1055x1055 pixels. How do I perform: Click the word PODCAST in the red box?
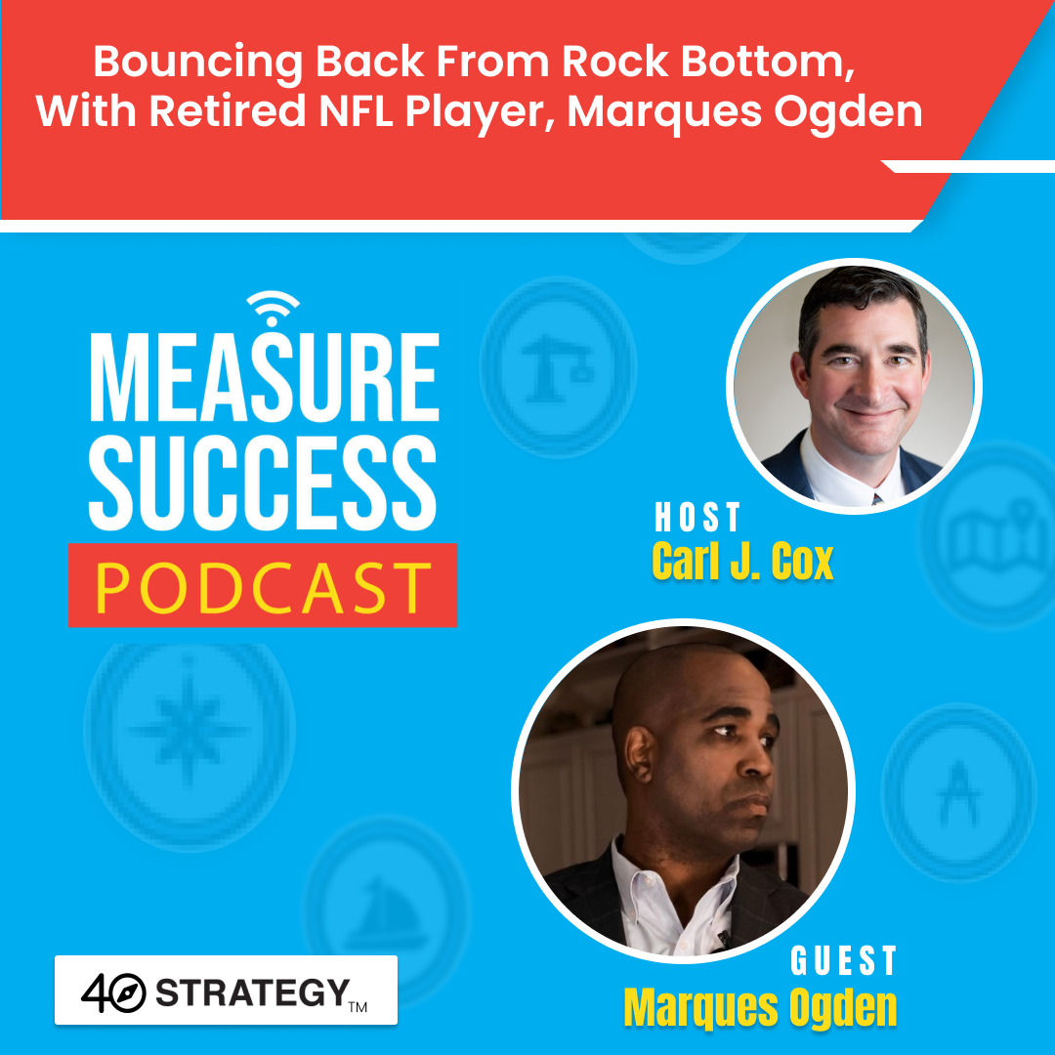click(x=262, y=585)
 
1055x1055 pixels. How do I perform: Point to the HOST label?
click(x=697, y=518)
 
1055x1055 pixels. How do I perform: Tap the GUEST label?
click(x=843, y=961)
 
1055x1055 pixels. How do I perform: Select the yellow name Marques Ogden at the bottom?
click(x=760, y=1007)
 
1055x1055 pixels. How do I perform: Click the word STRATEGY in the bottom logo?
click(x=251, y=992)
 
